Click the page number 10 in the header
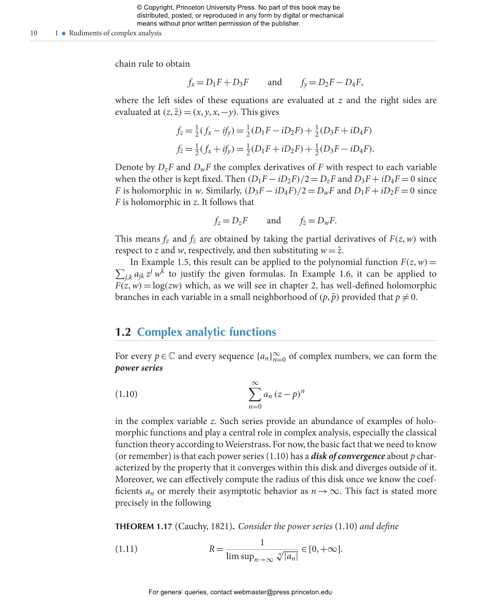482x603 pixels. (34, 33)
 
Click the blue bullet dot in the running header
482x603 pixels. (64, 33)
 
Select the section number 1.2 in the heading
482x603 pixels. (123, 332)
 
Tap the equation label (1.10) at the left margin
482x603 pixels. (126, 394)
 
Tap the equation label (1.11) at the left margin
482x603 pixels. (126, 549)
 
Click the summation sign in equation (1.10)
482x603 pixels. (254, 395)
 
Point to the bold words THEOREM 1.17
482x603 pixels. (144, 526)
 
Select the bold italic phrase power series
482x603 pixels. (139, 368)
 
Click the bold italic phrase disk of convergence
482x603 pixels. (348, 456)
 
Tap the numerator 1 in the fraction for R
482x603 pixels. (262, 543)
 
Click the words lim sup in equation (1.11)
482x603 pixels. (240, 556)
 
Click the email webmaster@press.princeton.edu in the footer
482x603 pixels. (282, 592)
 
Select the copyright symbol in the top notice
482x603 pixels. (139, 7)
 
